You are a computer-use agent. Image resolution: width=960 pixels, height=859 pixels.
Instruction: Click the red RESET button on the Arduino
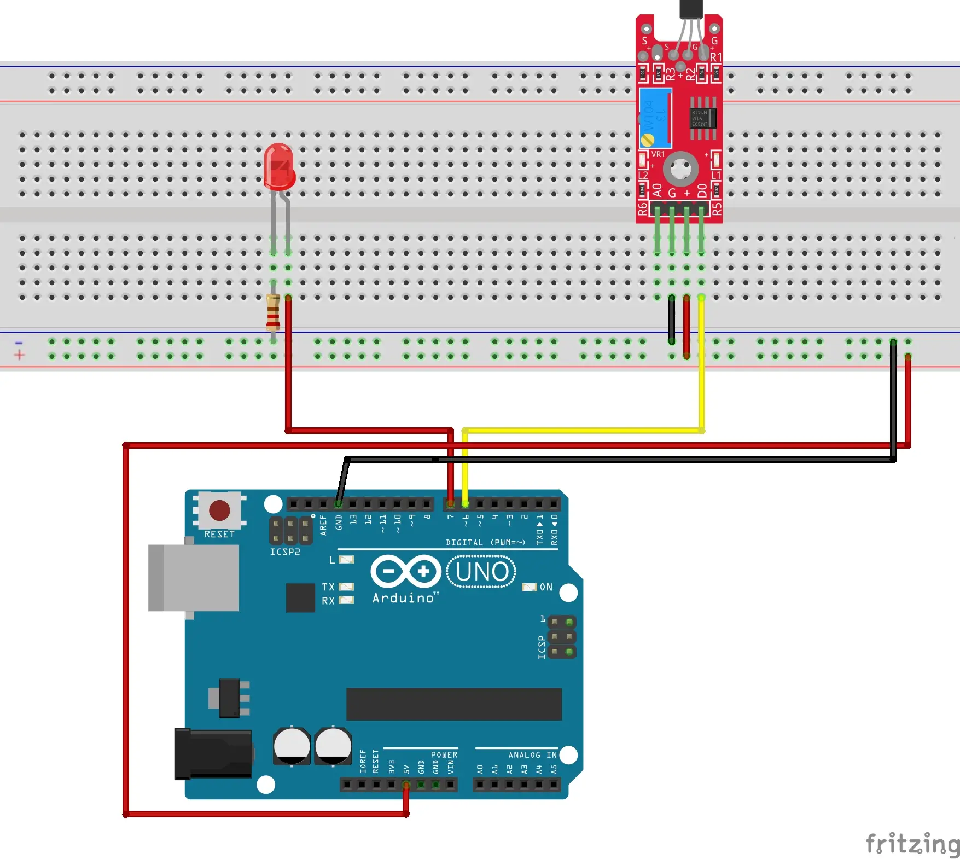tap(219, 510)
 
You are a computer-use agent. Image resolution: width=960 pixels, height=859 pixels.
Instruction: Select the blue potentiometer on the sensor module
tap(655, 118)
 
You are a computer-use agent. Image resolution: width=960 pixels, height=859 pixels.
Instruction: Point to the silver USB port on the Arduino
tap(194, 578)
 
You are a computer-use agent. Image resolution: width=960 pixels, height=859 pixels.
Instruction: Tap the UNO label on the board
tap(481, 572)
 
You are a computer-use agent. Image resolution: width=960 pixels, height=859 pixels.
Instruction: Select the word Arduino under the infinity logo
tap(404, 598)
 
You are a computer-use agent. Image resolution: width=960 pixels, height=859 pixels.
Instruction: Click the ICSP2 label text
tap(285, 552)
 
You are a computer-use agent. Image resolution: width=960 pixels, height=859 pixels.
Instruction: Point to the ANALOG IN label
tap(532, 755)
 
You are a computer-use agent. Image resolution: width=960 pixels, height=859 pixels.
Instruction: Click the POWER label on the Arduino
tap(444, 755)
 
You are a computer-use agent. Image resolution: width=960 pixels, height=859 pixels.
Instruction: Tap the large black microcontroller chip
tap(453, 704)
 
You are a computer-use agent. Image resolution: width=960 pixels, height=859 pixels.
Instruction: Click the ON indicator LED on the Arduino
tap(529, 587)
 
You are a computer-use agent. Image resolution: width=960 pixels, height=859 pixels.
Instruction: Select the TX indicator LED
tap(346, 587)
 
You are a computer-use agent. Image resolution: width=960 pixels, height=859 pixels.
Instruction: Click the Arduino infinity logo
tap(405, 572)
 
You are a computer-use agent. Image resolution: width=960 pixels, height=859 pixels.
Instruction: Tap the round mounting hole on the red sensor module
tap(680, 169)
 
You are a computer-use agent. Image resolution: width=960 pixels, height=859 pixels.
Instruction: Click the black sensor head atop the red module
tap(691, 9)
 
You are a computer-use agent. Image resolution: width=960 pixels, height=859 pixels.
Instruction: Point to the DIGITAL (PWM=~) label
tap(485, 543)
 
